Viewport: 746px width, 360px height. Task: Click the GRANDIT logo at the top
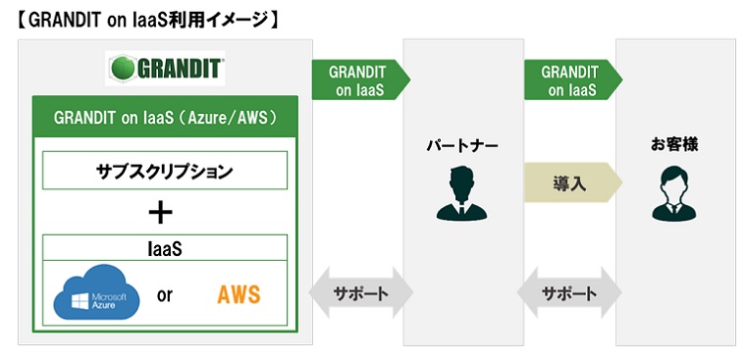tap(165, 69)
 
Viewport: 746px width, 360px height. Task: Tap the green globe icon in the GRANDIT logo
tap(121, 69)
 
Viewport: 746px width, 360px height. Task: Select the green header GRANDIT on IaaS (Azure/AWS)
tap(164, 118)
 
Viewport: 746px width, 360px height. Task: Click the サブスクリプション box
tap(164, 170)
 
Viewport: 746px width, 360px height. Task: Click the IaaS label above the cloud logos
tap(164, 249)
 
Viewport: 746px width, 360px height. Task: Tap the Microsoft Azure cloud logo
tap(91, 295)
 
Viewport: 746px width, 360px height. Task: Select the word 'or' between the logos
tap(164, 294)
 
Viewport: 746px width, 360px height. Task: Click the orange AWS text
tap(238, 294)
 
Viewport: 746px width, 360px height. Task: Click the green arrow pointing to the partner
tap(358, 80)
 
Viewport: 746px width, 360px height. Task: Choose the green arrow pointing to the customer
tap(570, 80)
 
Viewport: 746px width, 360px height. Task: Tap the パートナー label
tap(462, 146)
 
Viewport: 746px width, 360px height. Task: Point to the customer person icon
tap(674, 193)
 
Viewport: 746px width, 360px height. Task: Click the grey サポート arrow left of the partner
tap(359, 293)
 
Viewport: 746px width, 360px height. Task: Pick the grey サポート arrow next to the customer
tap(568, 293)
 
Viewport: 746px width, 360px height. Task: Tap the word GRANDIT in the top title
tap(68, 19)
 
